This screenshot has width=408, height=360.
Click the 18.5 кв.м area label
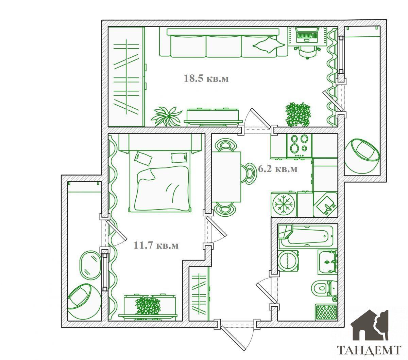206,78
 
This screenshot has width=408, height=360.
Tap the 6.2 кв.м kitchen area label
278,169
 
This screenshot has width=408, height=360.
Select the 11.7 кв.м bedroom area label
156,245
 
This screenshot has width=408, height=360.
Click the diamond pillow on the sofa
269,45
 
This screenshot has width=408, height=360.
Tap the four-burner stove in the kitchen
299,146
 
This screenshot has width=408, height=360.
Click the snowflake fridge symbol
284,204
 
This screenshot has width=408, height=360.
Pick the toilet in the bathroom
325,289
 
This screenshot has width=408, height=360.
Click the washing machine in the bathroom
288,260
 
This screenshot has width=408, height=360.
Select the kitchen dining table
226,177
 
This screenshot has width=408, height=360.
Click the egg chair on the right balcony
362,156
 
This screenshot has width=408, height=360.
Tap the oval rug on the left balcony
90,265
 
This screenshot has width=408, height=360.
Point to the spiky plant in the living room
167,116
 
